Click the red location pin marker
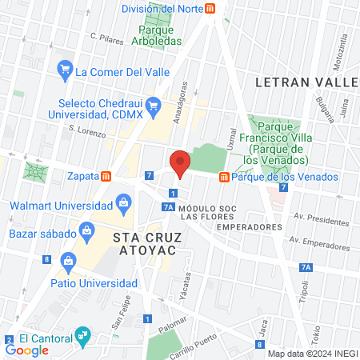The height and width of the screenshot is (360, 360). tap(181, 164)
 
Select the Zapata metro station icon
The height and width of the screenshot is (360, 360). tap(106, 175)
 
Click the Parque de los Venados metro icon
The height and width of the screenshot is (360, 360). tap(225, 177)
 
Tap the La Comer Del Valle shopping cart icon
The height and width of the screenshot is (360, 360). tap(64, 71)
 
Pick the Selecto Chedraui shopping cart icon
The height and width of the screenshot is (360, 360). tap(156, 103)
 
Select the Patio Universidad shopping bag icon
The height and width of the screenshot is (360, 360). tap(69, 260)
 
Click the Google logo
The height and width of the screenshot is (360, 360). tap(26, 350)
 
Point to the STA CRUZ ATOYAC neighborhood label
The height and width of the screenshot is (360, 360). tap(149, 246)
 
